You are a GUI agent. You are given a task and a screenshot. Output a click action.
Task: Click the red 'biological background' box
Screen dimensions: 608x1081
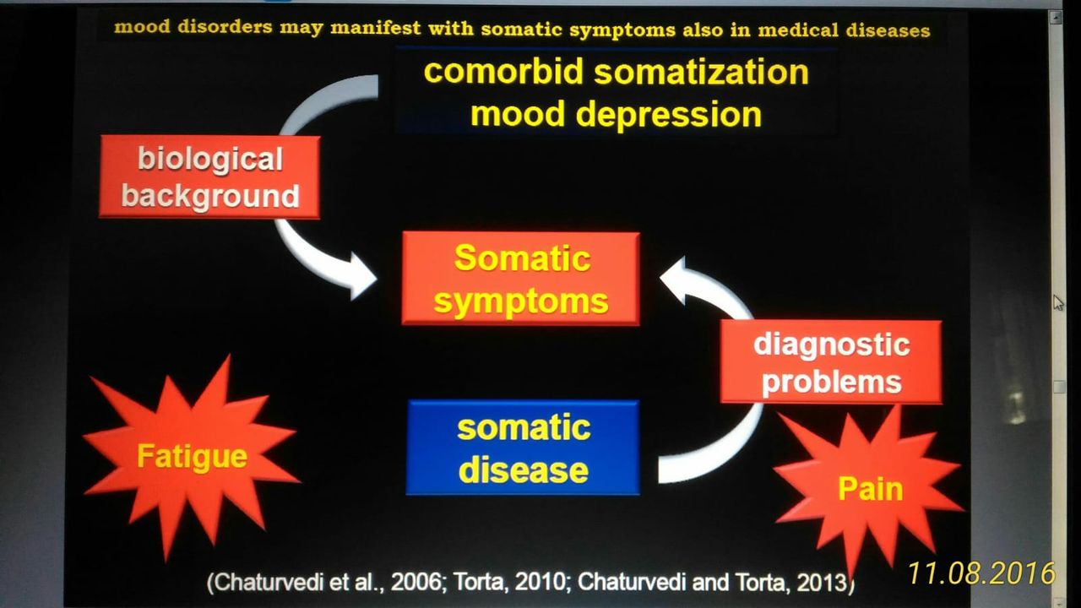[209, 177]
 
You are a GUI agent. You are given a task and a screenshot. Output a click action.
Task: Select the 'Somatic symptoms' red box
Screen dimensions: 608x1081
[520, 279]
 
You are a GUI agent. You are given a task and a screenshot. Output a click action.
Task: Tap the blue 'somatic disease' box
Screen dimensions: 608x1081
[523, 448]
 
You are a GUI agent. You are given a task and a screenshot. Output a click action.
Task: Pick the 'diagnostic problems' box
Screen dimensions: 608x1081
[831, 362]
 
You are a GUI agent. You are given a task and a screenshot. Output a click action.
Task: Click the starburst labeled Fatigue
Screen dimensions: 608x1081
[192, 457]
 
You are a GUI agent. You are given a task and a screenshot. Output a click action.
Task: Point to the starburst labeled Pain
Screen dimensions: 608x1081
[870, 488]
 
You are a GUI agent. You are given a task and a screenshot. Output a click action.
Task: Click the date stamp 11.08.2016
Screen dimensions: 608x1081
[981, 573]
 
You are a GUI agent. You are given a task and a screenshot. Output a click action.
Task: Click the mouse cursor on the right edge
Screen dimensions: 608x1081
[1058, 302]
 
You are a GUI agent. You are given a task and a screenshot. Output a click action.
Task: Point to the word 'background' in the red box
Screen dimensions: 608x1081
[210, 196]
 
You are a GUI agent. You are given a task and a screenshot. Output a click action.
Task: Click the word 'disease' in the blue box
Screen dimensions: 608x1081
[523, 470]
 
